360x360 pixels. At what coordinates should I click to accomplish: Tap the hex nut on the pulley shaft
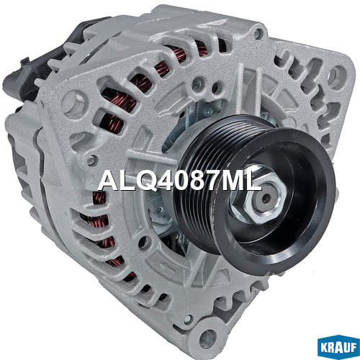point(258,194)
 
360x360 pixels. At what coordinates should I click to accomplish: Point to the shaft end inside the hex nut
point(266,198)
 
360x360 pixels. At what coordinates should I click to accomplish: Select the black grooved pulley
point(254,192)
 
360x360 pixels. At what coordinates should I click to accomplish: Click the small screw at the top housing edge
point(258,33)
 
